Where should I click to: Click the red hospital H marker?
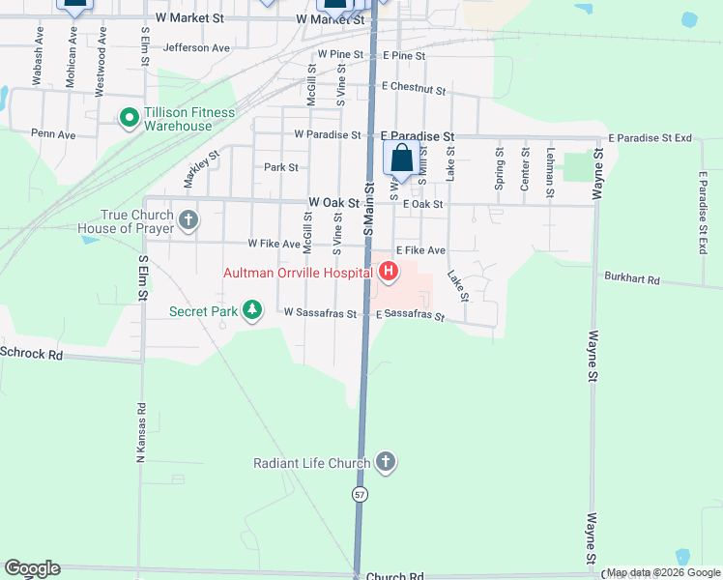pyautogui.click(x=389, y=272)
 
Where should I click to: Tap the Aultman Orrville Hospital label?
pyautogui.click(x=299, y=273)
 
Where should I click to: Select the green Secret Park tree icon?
pyautogui.click(x=252, y=309)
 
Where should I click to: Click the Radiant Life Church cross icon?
pyautogui.click(x=386, y=462)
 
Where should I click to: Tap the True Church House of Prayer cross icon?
pyautogui.click(x=188, y=220)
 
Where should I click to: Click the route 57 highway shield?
pyautogui.click(x=360, y=494)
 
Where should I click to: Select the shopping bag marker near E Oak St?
pyautogui.click(x=401, y=158)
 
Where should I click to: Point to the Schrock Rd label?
pyautogui.click(x=31, y=354)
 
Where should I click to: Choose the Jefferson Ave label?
pyautogui.click(x=197, y=47)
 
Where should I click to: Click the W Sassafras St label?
pyautogui.click(x=321, y=313)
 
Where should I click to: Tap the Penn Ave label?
pyautogui.click(x=53, y=133)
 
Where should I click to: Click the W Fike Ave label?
pyautogui.click(x=274, y=245)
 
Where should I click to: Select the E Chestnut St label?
pyautogui.click(x=413, y=89)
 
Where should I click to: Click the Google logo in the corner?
pyautogui.click(x=32, y=568)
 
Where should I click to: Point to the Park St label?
pyautogui.click(x=281, y=167)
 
